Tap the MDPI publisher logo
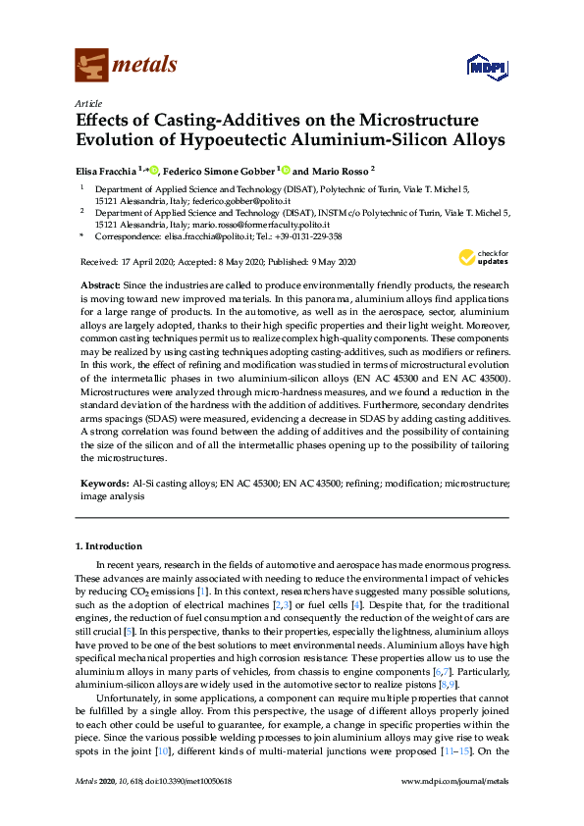click(x=483, y=68)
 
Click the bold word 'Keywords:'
click(x=103, y=484)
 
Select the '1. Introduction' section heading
click(x=108, y=545)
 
